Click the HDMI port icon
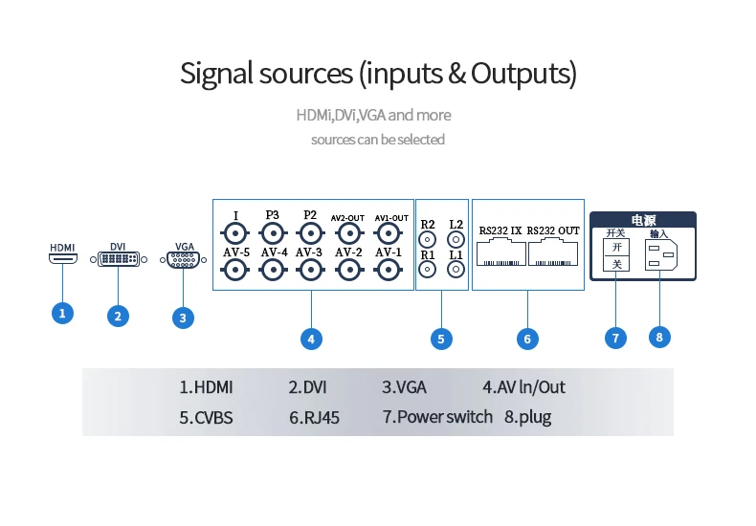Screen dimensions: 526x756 tap(62, 258)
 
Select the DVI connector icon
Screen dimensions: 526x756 tap(118, 258)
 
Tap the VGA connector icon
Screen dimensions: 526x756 tap(184, 258)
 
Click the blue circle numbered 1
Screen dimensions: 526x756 tap(62, 312)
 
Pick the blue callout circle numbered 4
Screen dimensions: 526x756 tap(310, 338)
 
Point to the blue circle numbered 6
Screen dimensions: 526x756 tap(527, 338)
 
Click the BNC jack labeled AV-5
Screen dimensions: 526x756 tap(233, 271)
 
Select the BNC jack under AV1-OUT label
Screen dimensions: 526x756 tap(389, 233)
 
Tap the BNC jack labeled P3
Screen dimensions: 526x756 tap(273, 233)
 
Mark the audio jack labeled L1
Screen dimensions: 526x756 tap(456, 271)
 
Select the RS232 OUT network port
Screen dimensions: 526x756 tap(553, 252)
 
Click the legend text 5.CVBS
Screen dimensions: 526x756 tap(206, 417)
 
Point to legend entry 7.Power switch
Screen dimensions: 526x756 tap(437, 417)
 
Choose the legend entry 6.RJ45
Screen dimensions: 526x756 tap(314, 417)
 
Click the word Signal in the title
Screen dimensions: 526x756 tap(218, 74)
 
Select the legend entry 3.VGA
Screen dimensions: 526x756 tap(404, 387)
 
